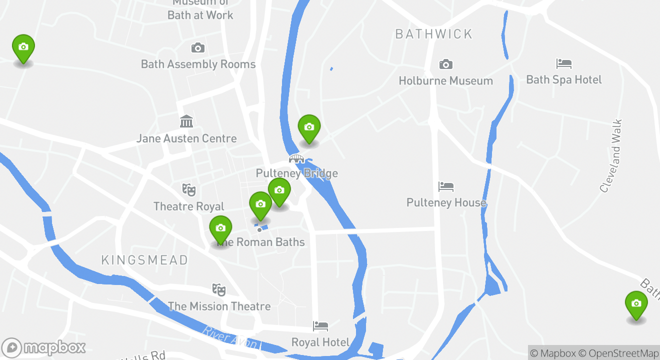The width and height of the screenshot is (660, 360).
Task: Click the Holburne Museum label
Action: (445, 80)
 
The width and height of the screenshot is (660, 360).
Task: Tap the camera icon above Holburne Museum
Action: (445, 64)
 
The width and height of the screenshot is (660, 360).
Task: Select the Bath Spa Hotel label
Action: (564, 79)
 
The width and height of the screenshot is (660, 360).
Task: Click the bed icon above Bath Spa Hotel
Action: (564, 63)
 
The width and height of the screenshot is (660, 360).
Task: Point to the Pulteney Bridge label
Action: (296, 173)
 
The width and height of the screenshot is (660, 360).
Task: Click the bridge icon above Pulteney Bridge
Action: (296, 159)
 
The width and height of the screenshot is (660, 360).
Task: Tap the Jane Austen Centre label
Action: (186, 138)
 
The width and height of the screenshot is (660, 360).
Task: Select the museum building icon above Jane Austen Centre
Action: (186, 121)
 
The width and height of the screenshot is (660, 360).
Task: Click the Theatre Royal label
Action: (188, 206)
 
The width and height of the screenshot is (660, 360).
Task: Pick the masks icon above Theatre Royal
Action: (188, 190)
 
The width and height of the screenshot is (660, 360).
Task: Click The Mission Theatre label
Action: (219, 306)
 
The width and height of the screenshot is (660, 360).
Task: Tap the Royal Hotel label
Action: (320, 342)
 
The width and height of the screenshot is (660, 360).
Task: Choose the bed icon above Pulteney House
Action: (445, 187)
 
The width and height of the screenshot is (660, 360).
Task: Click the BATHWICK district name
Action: (433, 34)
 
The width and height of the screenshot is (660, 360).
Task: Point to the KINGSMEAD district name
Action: (144, 260)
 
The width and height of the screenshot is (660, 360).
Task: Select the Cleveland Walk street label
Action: (611, 155)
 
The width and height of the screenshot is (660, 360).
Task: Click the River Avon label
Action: (230, 337)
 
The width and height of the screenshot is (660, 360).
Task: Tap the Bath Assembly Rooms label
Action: (198, 64)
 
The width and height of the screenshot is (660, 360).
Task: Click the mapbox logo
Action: (44, 347)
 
